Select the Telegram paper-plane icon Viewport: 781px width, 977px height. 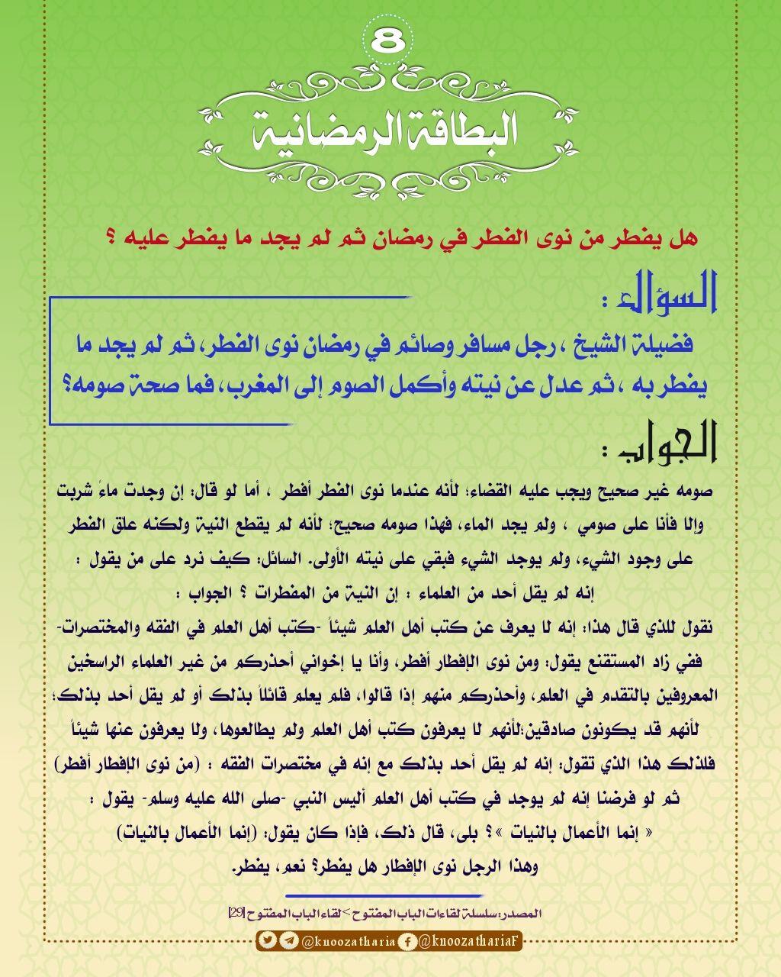(x=288, y=941)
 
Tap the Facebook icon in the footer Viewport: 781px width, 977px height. (x=408, y=941)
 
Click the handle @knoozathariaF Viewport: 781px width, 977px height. (x=469, y=941)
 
